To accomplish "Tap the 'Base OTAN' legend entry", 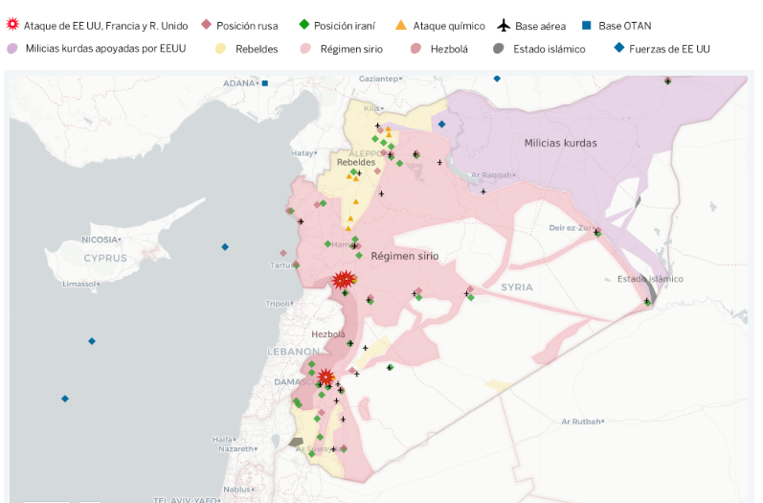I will pyautogui.click(x=624, y=26).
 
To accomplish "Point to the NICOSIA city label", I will pyautogui.click(x=100, y=240).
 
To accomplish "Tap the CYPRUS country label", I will pyautogui.click(x=104, y=258).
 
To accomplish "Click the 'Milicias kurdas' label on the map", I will pyautogui.click(x=560, y=143).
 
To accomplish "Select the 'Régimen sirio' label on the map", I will pyautogui.click(x=404, y=256).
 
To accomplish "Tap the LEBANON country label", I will pyautogui.click(x=292, y=352).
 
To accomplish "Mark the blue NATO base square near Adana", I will pyautogui.click(x=265, y=83).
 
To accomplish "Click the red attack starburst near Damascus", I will pyautogui.click(x=325, y=377).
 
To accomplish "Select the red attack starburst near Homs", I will pyautogui.click(x=343, y=280).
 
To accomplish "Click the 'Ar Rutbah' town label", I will pyautogui.click(x=581, y=422).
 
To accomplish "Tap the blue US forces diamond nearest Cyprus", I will pyautogui.click(x=225, y=247).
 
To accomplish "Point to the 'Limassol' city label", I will pyautogui.click(x=79, y=285).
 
